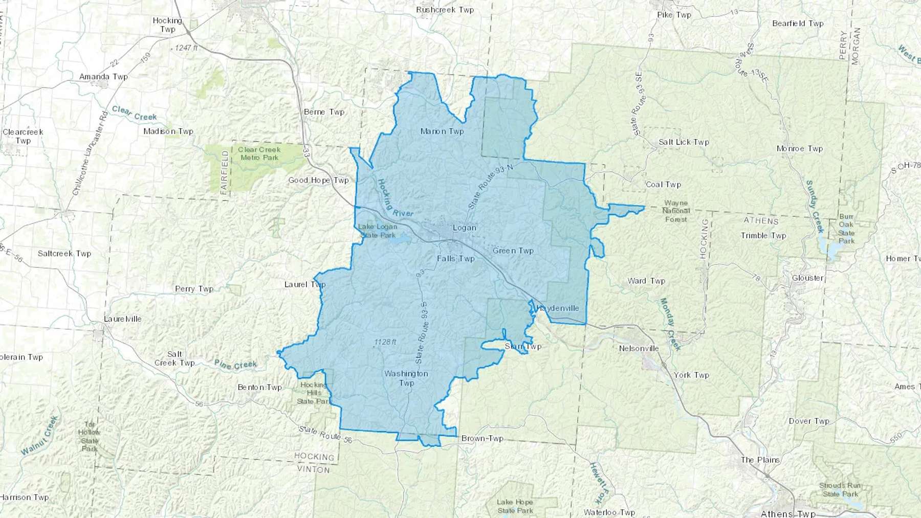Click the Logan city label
464,228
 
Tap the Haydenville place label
557,308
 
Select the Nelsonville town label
639,348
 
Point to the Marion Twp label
442,131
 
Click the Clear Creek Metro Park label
259,153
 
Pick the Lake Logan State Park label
378,231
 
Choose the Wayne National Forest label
676,211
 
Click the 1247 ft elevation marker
186,48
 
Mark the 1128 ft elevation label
385,342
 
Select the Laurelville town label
122,319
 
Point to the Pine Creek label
235,365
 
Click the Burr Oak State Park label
846,229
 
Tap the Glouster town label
807,278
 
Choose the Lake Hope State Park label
515,506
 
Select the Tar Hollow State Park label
90,436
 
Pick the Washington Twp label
406,378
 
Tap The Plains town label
760,460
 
